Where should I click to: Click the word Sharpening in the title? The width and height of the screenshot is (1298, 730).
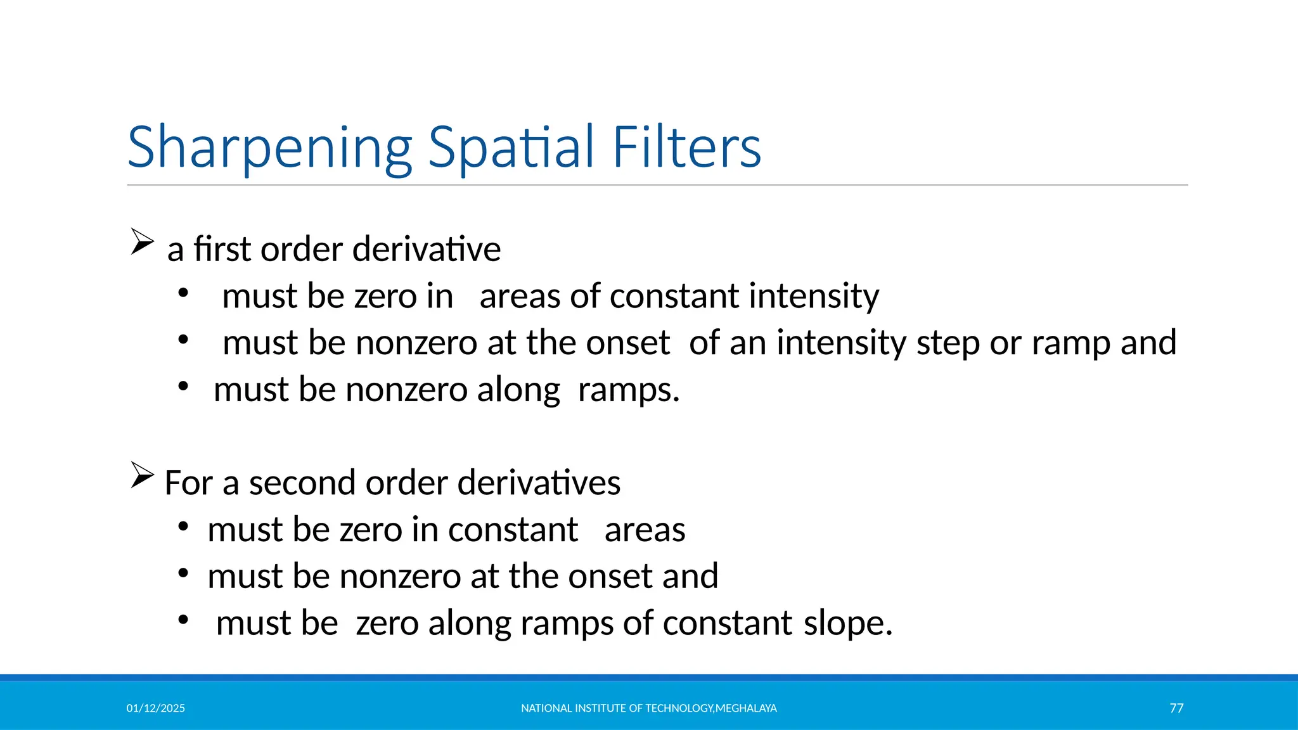click(x=269, y=148)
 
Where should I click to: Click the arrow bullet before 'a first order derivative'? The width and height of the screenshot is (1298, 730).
click(x=142, y=242)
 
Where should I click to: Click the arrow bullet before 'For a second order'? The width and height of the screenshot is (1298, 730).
click(x=142, y=475)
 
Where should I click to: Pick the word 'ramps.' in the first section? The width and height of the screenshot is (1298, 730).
click(x=628, y=390)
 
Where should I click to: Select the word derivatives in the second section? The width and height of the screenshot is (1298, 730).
click(x=539, y=483)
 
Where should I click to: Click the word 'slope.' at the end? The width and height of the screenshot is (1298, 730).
click(x=848, y=623)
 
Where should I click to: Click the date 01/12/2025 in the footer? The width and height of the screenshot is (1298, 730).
click(x=155, y=708)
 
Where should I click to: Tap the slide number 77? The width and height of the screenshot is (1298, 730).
click(x=1176, y=708)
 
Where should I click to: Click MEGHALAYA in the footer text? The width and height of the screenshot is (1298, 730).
click(x=746, y=708)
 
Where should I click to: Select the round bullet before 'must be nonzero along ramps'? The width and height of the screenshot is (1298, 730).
click(x=183, y=386)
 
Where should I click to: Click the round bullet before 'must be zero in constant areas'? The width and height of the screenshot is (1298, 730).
click(x=183, y=526)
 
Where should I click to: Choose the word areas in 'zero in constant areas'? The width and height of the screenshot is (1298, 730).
click(x=645, y=530)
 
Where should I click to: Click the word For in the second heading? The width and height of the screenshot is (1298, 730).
click(x=188, y=483)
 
